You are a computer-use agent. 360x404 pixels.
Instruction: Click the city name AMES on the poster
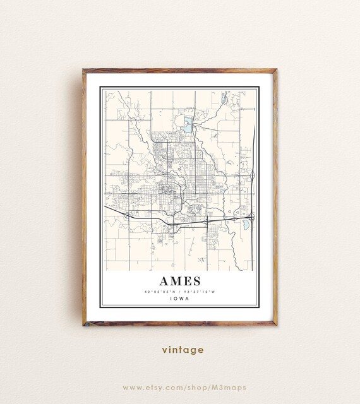(x=179, y=280)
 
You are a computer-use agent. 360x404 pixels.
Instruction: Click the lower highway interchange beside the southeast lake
(x=251, y=218)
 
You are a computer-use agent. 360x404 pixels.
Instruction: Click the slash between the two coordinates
(x=180, y=291)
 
